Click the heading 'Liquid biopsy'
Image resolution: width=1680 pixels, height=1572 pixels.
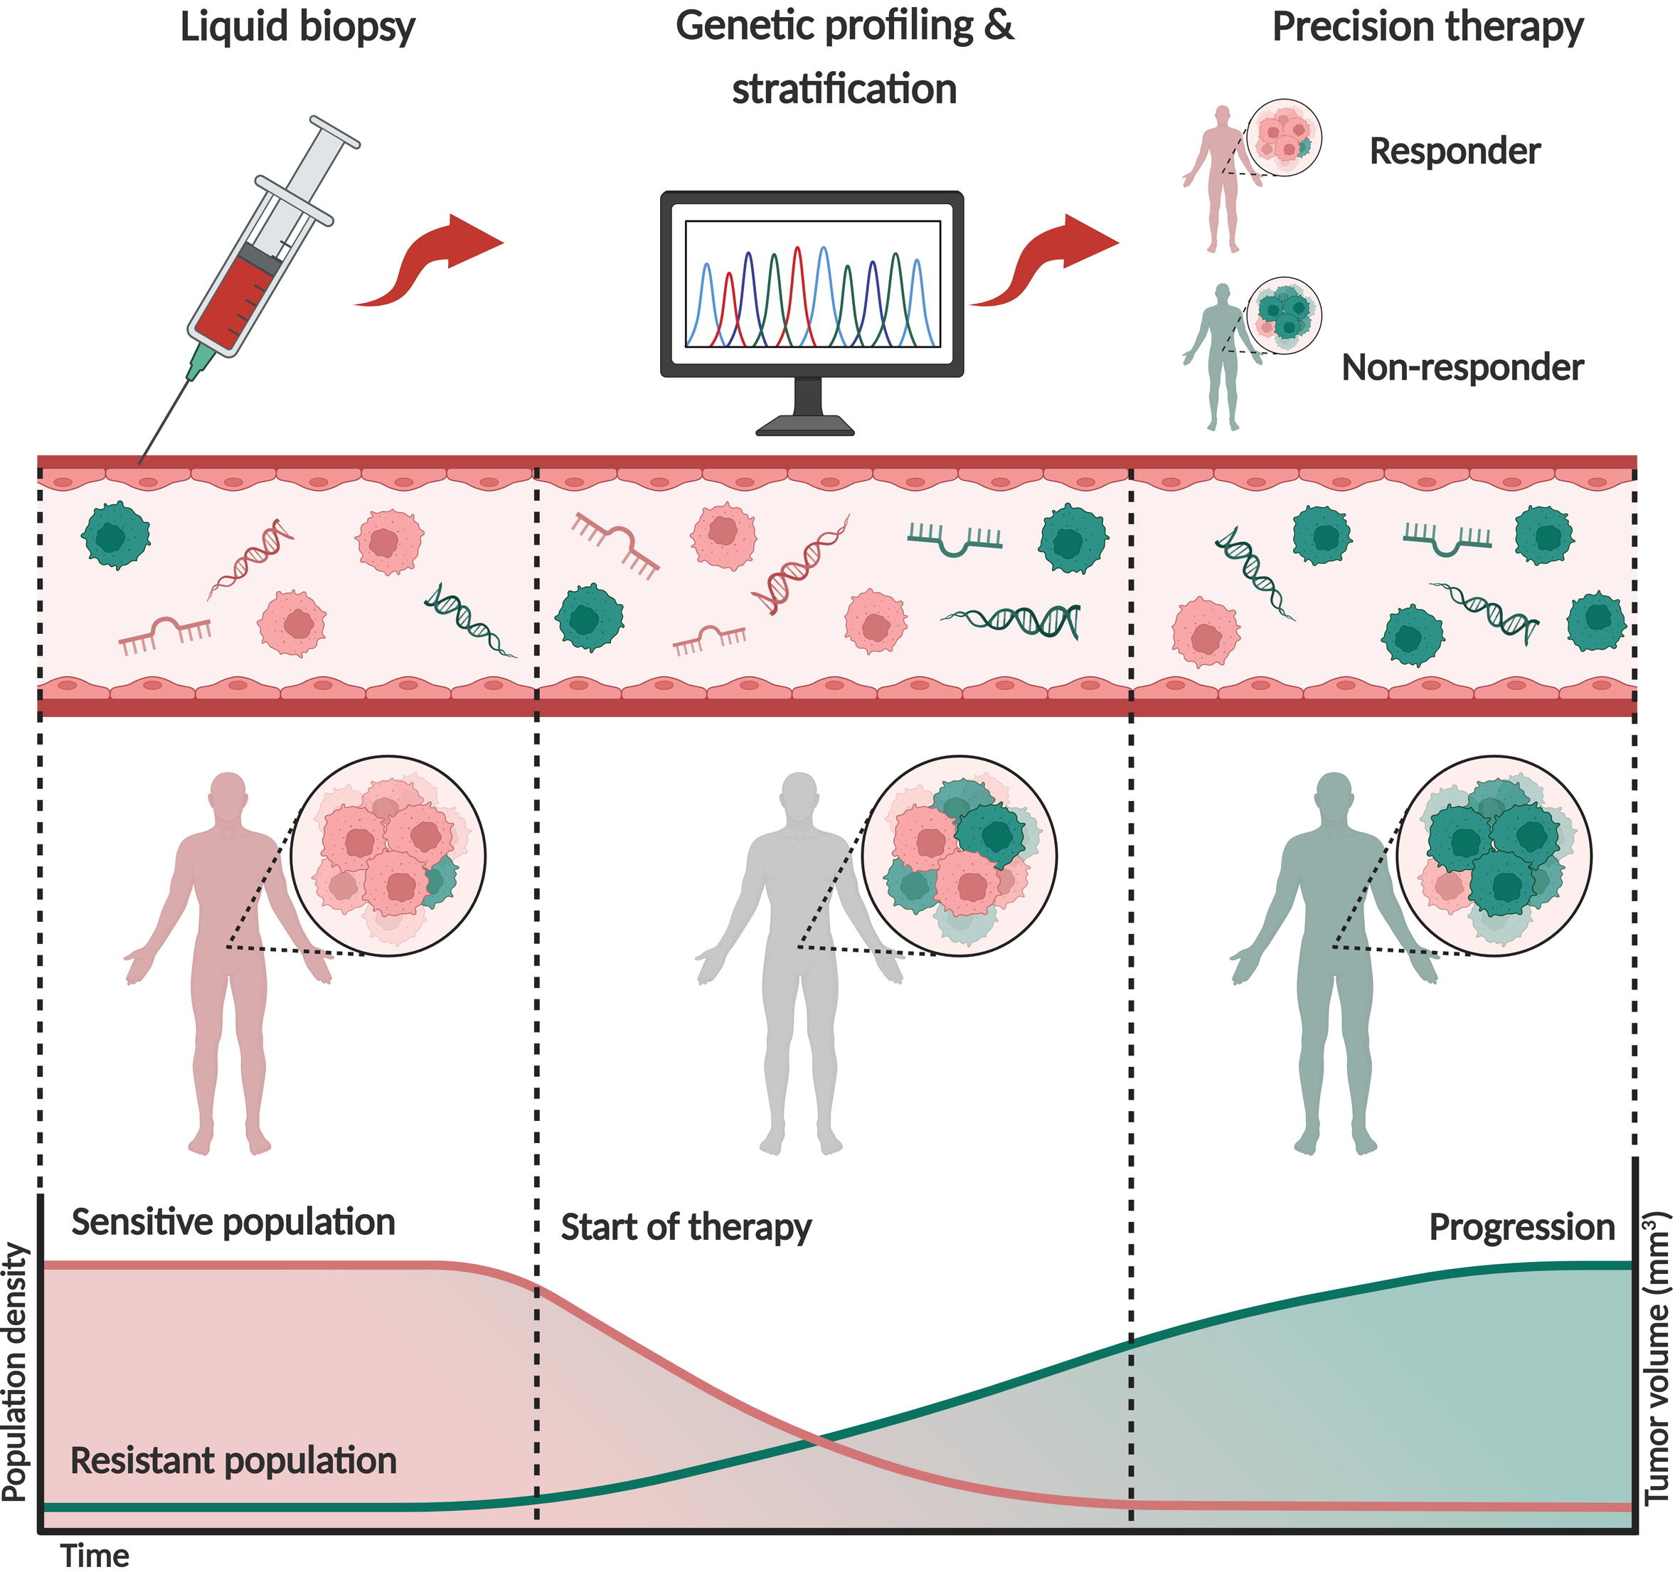pyautogui.click(x=297, y=27)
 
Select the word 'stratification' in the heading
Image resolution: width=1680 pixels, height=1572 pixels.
pyautogui.click(x=844, y=90)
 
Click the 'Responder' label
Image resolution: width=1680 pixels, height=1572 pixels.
pyautogui.click(x=1455, y=152)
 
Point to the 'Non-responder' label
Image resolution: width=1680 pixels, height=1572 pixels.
pyautogui.click(x=1462, y=368)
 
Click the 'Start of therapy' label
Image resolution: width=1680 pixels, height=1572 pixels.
pyautogui.click(x=686, y=1226)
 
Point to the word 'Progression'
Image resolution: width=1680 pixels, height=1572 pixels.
pyautogui.click(x=1521, y=1226)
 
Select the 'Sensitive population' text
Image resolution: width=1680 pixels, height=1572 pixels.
pyautogui.click(x=233, y=1222)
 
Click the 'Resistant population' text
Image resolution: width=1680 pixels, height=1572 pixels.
pyautogui.click(x=233, y=1460)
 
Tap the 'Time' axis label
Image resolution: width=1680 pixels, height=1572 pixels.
pyautogui.click(x=95, y=1556)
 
